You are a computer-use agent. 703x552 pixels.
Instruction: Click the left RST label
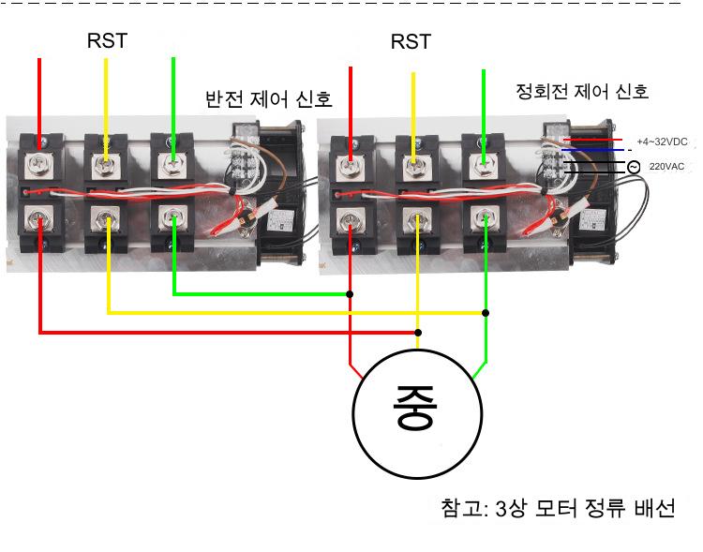pyautogui.click(x=107, y=40)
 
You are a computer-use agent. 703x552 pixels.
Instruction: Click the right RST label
pyautogui.click(x=411, y=41)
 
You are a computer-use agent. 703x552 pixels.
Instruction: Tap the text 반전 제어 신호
pyautogui.click(x=269, y=99)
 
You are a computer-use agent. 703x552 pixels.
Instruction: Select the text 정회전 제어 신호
pyautogui.click(x=582, y=91)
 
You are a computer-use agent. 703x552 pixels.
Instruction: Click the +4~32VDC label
pyautogui.click(x=662, y=142)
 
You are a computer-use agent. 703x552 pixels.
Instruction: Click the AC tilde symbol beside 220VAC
pyautogui.click(x=634, y=167)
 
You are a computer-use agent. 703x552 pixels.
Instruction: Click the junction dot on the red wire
pyautogui.click(x=351, y=293)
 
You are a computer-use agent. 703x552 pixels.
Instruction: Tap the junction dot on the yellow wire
pyautogui.click(x=418, y=332)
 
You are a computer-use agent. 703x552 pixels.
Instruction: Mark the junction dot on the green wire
pyautogui.click(x=485, y=312)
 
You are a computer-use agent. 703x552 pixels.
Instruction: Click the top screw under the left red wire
pyautogui.click(x=39, y=165)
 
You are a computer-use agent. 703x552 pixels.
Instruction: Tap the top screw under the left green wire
pyautogui.click(x=173, y=165)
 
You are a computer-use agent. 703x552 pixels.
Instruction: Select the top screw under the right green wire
pyautogui.click(x=484, y=166)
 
